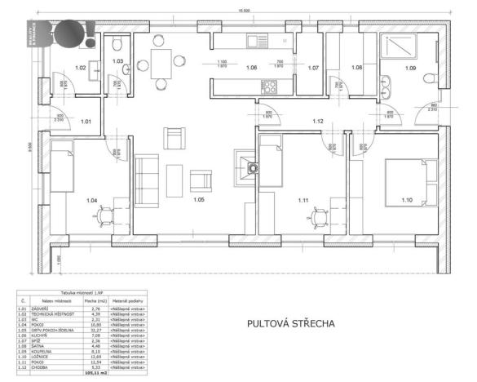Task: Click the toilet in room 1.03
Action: coord(117,44)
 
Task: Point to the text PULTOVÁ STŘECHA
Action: coord(290,324)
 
